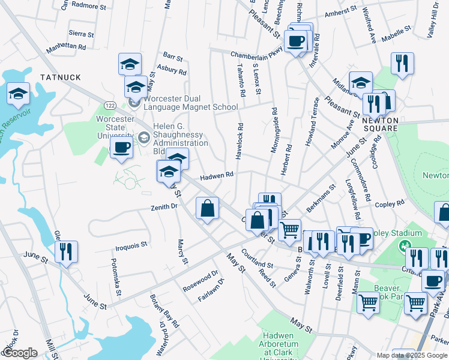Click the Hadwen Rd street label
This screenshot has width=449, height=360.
coord(217,175)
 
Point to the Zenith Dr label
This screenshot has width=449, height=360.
coord(164,206)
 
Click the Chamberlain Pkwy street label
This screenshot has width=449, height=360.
coord(256,54)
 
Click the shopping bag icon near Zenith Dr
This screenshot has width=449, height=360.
coord(207,209)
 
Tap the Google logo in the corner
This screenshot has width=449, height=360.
coord(20,353)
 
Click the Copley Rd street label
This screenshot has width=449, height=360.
coord(390,204)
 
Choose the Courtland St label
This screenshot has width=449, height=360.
coord(257,259)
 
